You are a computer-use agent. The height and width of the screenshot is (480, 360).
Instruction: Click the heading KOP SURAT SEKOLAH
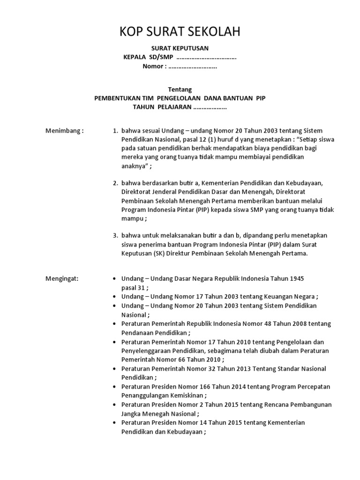(x=180, y=32)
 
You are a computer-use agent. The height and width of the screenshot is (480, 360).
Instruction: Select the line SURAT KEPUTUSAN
(x=180, y=48)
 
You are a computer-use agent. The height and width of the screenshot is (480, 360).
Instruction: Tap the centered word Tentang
(x=180, y=90)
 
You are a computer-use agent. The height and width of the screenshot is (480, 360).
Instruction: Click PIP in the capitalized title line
(x=261, y=98)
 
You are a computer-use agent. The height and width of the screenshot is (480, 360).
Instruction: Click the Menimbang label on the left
(x=64, y=130)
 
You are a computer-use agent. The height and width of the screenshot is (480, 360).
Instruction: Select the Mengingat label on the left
(x=62, y=278)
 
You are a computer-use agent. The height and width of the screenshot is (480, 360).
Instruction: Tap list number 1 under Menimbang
(x=115, y=130)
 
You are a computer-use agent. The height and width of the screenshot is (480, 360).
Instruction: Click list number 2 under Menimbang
(x=115, y=183)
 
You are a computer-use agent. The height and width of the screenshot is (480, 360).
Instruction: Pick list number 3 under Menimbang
(x=115, y=235)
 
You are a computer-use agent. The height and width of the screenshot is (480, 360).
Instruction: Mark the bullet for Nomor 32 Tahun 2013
(x=115, y=369)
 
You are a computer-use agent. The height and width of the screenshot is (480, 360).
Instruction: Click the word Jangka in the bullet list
(x=131, y=413)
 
